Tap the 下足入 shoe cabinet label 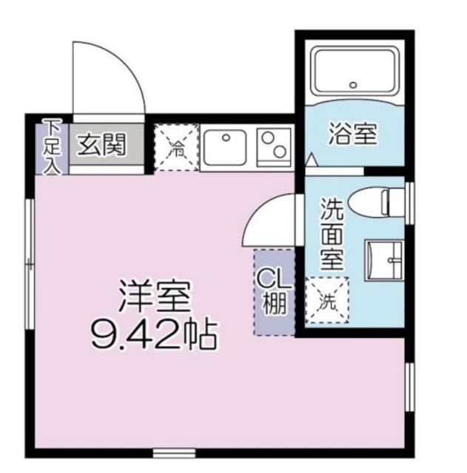pyautogui.click(x=51, y=146)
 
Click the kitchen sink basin pyautogui.click(x=225, y=146)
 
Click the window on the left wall pyautogui.click(x=28, y=262)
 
